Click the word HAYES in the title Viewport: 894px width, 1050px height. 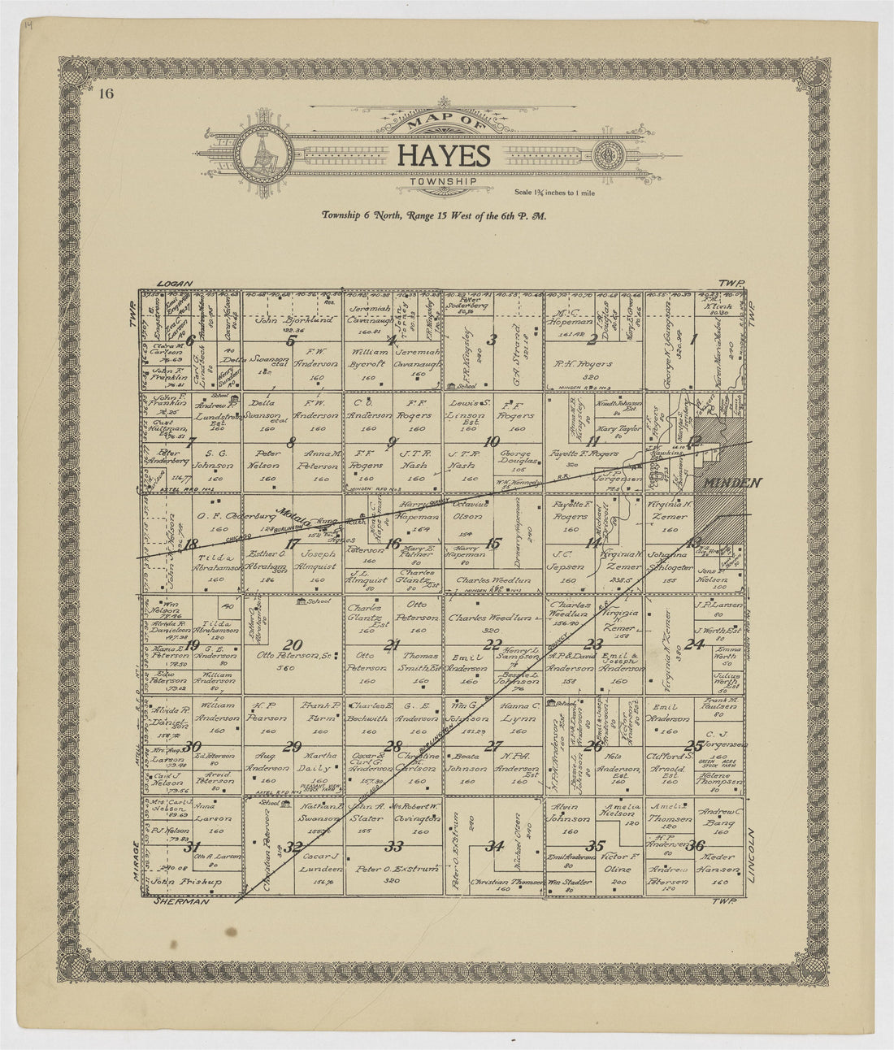444,156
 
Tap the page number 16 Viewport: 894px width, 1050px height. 106,93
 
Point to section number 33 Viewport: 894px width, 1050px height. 394,847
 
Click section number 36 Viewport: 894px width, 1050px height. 696,846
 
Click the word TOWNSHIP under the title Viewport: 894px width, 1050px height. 443,183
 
